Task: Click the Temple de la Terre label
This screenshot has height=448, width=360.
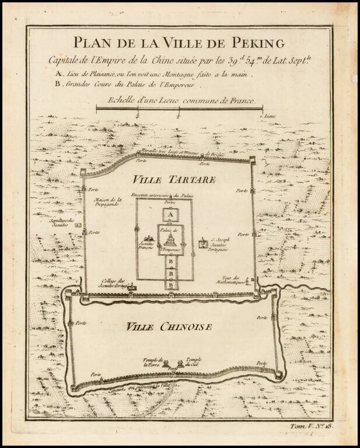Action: [156, 363]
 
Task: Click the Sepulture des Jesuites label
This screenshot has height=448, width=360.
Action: [64, 223]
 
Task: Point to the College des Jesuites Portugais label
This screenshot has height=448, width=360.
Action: [113, 283]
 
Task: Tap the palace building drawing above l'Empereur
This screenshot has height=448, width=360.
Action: [170, 239]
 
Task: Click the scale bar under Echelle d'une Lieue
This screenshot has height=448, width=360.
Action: [180, 108]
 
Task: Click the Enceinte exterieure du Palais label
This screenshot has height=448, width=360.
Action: [171, 195]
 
